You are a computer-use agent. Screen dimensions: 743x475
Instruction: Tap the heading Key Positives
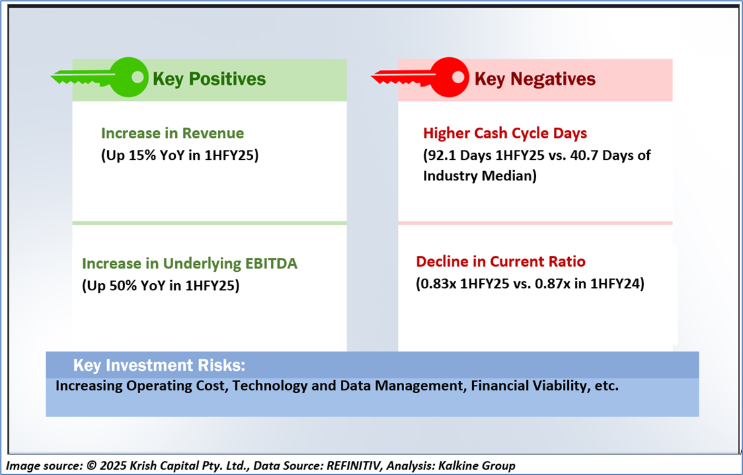(209, 79)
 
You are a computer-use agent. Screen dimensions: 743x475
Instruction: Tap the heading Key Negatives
(535, 79)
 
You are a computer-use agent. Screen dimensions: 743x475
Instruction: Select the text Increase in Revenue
(173, 133)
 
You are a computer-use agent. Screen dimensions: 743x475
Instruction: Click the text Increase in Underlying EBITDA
(190, 264)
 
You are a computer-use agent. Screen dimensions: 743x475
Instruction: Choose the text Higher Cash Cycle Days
(505, 134)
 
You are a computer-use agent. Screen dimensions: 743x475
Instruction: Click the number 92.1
(440, 156)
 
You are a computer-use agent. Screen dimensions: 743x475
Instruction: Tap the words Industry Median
(478, 176)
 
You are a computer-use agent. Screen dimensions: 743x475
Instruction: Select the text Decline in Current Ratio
(501, 262)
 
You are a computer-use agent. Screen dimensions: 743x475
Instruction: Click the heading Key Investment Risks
(159, 366)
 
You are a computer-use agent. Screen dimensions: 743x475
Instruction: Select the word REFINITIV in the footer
(355, 466)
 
